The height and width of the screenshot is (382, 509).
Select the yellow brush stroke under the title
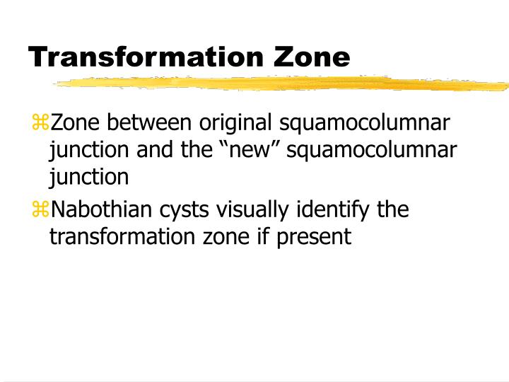pyautogui.click(x=283, y=83)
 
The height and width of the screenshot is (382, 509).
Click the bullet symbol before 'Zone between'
pyautogui.click(x=40, y=123)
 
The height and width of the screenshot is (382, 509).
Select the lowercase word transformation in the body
pyautogui.click(x=119, y=236)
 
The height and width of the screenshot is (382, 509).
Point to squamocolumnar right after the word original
pyautogui.click(x=365, y=124)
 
